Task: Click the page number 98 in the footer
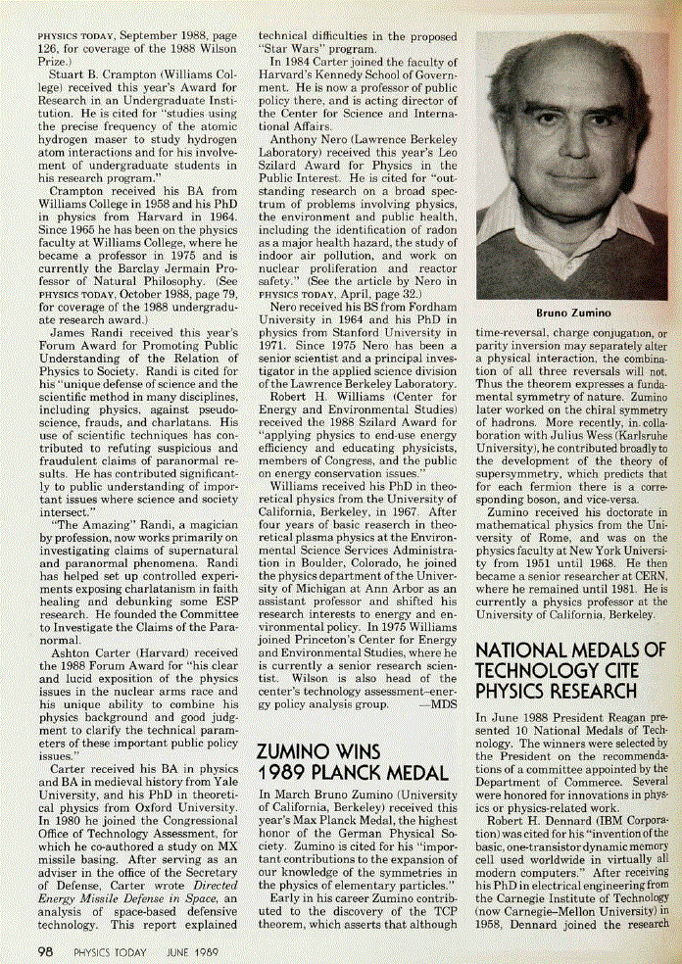44,951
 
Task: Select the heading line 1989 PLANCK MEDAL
352,773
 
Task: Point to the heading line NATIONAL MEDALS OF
569,651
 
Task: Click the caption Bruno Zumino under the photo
573,313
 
